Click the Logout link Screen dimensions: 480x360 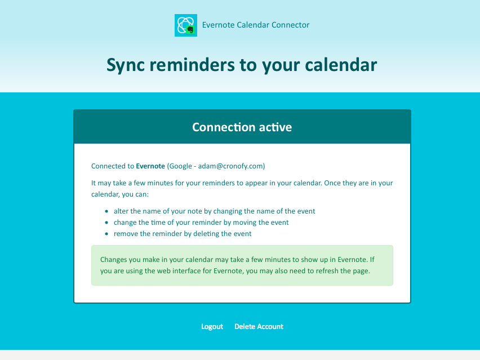tap(212, 327)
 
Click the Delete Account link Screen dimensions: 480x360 tap(259, 327)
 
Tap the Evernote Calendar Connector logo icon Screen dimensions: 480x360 tap(186, 25)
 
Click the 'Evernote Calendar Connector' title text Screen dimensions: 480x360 tap(256, 25)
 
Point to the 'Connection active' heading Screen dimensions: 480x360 tap(242, 127)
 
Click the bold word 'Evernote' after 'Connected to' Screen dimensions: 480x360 tap(150, 166)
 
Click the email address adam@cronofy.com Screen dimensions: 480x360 tap(230, 166)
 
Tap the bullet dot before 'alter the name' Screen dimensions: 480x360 tap(106, 211)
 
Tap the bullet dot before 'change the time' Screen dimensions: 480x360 tap(106, 223)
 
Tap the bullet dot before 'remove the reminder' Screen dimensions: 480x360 tap(106, 234)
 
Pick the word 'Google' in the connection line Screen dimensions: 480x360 tap(181, 166)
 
